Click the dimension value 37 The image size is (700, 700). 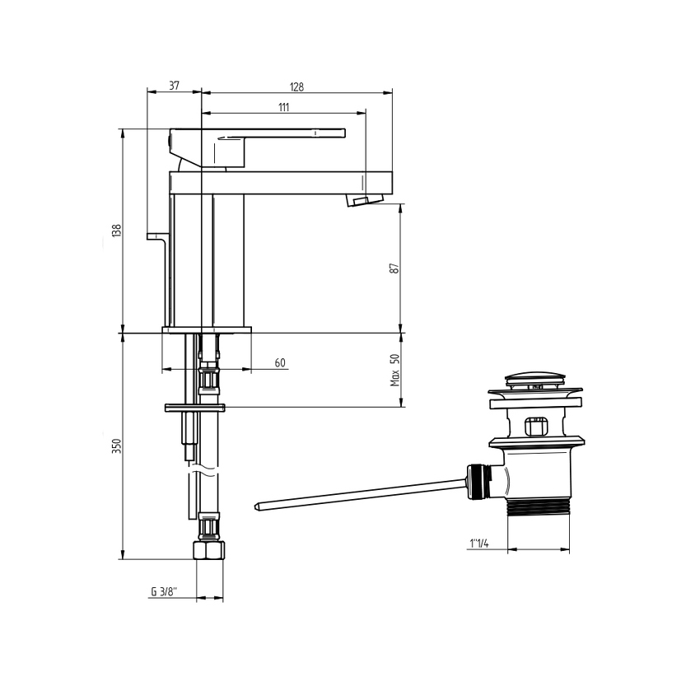coord(175,86)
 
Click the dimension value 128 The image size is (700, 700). coord(296,86)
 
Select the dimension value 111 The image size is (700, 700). coord(283,107)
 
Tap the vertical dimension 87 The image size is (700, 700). coord(394,268)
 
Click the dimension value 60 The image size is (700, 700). coord(280,363)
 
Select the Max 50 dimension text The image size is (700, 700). coord(394,370)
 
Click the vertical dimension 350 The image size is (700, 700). coord(117,446)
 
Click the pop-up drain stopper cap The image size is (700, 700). coord(534,380)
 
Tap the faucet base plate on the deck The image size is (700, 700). coord(206,330)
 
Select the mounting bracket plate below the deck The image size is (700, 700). coord(194,408)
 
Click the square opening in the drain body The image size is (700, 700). coord(536,427)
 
